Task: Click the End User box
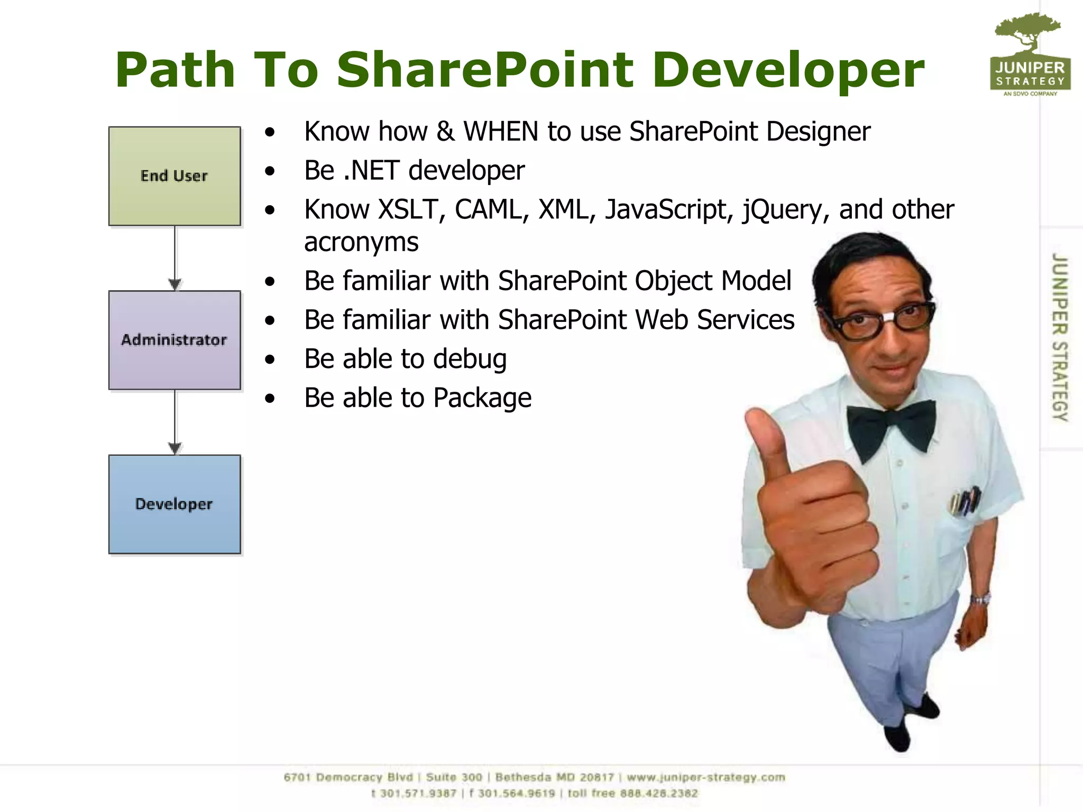point(175,176)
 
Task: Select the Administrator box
point(175,340)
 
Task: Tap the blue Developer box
point(175,504)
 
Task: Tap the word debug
point(470,359)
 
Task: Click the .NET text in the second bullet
point(371,171)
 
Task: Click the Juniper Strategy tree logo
point(1030,53)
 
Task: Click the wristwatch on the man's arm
point(980,599)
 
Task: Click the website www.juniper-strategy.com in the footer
point(705,778)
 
